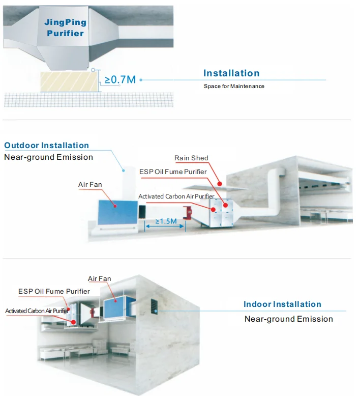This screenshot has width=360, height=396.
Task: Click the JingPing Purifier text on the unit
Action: [x=65, y=27]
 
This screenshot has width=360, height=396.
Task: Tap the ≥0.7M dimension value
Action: [x=120, y=79]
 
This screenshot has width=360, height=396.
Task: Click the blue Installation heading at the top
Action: [x=231, y=73]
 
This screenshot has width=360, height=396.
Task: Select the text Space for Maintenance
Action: [x=234, y=86]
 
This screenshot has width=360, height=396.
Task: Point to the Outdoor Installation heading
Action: [x=47, y=146]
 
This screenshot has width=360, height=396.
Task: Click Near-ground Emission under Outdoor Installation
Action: [x=49, y=157]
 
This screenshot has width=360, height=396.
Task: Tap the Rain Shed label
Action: [x=191, y=158]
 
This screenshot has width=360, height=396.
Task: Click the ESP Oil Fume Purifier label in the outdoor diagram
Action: [x=173, y=172]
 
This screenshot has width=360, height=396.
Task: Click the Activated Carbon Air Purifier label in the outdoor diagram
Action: [x=176, y=196]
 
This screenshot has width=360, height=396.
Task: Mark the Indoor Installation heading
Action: [x=282, y=304]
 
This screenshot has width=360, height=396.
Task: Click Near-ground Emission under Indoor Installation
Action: [x=289, y=319]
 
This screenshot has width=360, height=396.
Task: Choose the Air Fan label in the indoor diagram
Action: [x=99, y=278]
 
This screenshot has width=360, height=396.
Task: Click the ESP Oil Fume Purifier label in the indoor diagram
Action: [x=54, y=291]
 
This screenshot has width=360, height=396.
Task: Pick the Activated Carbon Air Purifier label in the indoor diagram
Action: [x=37, y=310]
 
